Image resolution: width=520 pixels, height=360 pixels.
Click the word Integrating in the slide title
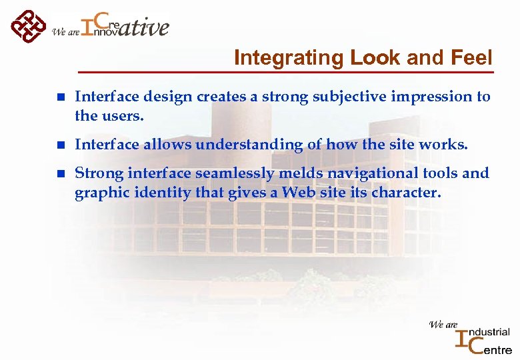click(287, 58)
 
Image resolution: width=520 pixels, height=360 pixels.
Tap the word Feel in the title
click(473, 58)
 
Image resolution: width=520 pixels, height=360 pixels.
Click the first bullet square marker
click(61, 97)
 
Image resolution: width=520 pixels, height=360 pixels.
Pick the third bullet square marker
click(61, 174)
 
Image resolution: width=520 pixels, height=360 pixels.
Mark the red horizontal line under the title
click(287, 71)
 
